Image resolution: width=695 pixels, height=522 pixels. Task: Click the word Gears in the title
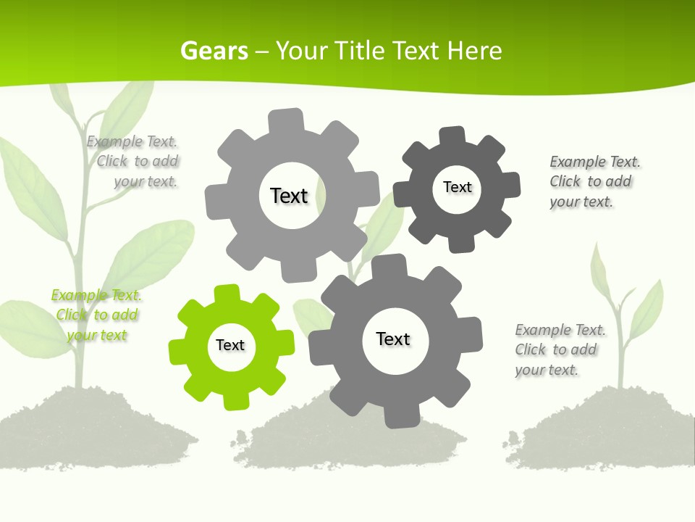tap(214, 51)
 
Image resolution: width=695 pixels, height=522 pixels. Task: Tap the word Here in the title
tap(474, 51)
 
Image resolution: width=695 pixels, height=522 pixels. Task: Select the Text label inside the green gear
tap(230, 346)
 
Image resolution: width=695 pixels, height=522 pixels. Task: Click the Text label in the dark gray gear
tap(457, 187)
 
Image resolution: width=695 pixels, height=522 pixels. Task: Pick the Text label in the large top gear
tap(289, 196)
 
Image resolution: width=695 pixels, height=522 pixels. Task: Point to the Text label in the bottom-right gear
tap(393, 339)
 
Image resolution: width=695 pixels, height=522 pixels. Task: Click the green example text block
tap(97, 315)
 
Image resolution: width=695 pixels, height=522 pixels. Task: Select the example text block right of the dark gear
tap(594, 181)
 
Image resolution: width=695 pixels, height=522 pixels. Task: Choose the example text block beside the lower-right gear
tap(560, 349)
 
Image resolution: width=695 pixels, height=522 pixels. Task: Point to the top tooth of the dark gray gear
tap(452, 135)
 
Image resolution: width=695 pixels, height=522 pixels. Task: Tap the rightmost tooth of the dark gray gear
tap(511, 185)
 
